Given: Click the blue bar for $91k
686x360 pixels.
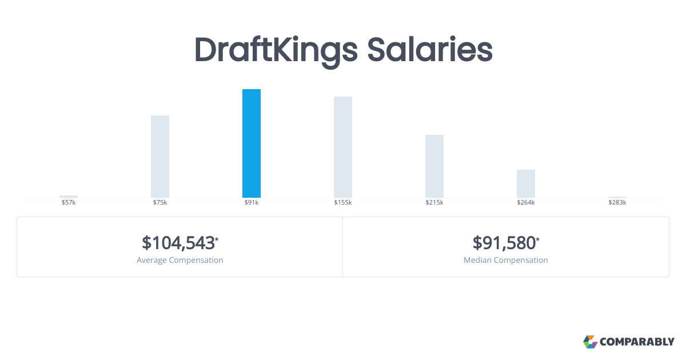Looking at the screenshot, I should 252,143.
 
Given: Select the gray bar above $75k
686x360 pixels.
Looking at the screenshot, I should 160,157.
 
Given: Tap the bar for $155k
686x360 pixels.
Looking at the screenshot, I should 343,147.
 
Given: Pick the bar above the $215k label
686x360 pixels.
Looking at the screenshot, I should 434,166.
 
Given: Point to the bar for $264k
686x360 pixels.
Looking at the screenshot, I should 526,183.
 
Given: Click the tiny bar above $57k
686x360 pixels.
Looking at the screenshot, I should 69,197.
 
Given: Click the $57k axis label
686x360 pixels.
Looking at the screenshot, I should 69,203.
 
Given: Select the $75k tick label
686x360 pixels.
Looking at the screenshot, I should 160,203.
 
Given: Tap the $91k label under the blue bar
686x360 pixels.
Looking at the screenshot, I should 252,203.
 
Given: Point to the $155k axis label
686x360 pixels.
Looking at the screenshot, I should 343,203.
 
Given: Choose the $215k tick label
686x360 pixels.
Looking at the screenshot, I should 434,203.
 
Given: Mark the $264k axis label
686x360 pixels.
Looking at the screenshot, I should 526,203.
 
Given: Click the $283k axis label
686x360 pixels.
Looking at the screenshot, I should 617,203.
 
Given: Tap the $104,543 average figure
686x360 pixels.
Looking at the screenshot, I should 178,243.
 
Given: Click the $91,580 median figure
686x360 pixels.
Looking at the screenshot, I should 504,243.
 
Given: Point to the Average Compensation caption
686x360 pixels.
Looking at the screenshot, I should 180,260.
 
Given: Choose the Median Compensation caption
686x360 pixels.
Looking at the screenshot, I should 506,260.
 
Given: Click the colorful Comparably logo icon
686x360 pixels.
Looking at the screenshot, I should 590,342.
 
